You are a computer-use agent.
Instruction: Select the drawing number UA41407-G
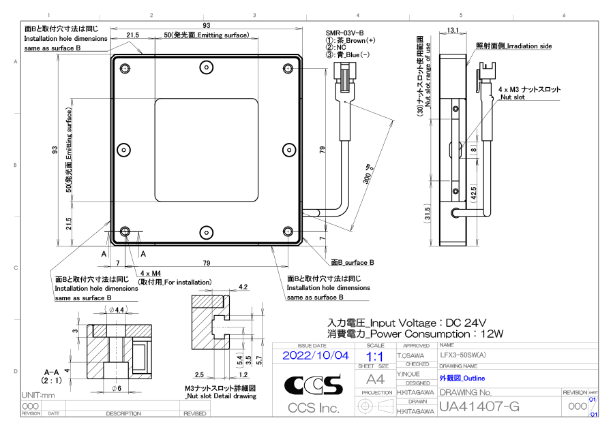(479, 407)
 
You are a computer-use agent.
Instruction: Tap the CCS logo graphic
(314, 386)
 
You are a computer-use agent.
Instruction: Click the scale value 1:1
(374, 356)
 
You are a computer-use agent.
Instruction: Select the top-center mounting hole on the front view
(206, 67)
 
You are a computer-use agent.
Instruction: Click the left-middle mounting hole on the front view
(123, 150)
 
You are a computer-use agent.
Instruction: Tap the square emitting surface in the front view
(206, 150)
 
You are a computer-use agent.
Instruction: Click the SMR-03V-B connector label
(344, 33)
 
